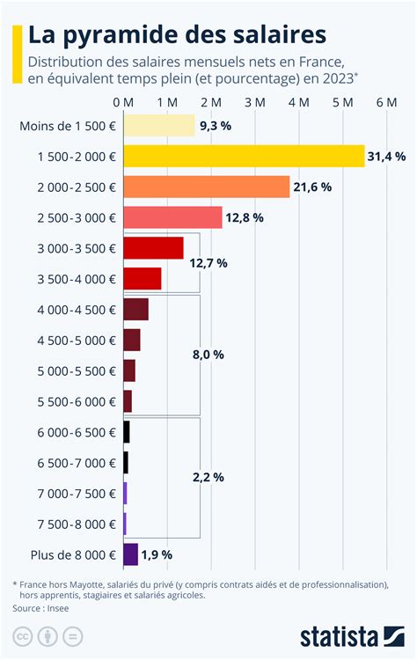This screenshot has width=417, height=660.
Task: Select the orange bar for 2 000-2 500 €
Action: pyautogui.click(x=206, y=187)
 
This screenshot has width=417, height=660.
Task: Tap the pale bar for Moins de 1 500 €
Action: pyautogui.click(x=158, y=125)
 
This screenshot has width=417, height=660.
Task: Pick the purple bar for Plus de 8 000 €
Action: pyautogui.click(x=130, y=554)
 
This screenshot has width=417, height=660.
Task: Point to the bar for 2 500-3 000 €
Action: pyautogui.click(x=172, y=217)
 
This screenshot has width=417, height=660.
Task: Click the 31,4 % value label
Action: pyautogui.click(x=387, y=157)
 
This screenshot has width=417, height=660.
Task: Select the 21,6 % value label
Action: pyautogui.click(x=312, y=187)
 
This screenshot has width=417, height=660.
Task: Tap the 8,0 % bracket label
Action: pyautogui.click(x=208, y=355)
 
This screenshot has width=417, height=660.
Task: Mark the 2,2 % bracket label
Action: pyautogui.click(x=208, y=477)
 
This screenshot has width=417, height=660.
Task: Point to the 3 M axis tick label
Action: pyautogui.click(x=255, y=103)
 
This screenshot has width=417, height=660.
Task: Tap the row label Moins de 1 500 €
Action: pyautogui.click(x=68, y=126)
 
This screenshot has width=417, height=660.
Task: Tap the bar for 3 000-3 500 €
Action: pyautogui.click(x=153, y=248)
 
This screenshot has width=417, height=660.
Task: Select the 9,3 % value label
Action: pyautogui.click(x=216, y=126)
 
